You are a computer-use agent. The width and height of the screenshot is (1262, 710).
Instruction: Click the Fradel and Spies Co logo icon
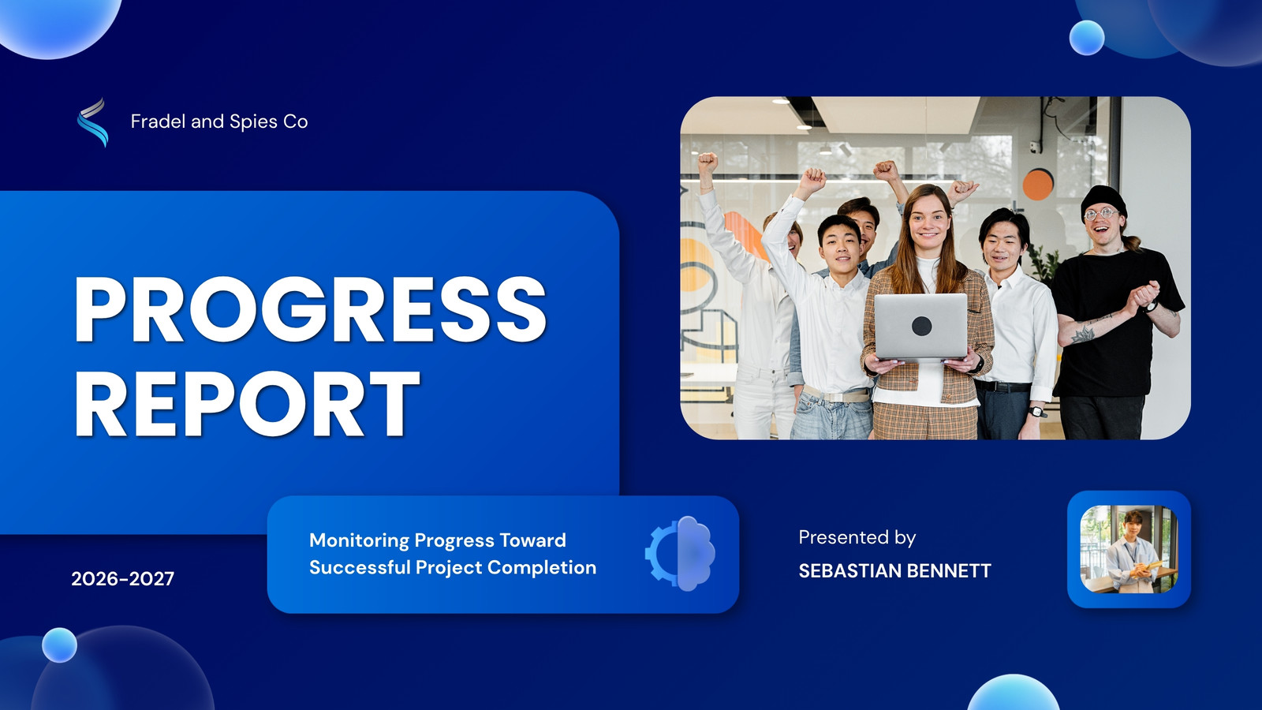(x=92, y=121)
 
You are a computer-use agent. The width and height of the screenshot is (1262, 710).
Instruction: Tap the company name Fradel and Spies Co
(x=219, y=121)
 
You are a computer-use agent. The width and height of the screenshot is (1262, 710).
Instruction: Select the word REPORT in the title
(x=248, y=403)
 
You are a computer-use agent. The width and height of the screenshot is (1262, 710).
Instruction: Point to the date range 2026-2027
(x=123, y=579)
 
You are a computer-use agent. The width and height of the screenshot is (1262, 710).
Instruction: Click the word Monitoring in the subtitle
(x=359, y=540)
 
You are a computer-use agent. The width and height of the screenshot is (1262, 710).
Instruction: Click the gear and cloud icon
(x=680, y=553)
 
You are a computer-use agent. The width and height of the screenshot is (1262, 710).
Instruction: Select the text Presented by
(x=857, y=537)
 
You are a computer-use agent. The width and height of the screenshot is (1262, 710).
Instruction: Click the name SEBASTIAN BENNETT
(x=894, y=571)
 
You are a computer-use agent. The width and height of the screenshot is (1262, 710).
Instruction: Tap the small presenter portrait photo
(x=1129, y=549)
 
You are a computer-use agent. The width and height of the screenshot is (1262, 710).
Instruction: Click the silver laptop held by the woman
(x=920, y=327)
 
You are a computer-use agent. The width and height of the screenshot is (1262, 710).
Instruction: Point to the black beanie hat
(x=1103, y=200)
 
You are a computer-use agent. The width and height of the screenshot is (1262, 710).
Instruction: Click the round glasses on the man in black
(x=1100, y=214)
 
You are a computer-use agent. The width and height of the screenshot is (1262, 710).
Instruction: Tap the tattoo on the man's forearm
(x=1082, y=334)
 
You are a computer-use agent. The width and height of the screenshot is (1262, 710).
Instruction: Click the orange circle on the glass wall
(x=1038, y=185)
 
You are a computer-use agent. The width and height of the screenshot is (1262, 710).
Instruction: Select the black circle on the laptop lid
(x=922, y=327)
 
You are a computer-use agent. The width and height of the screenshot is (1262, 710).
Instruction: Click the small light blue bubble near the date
(x=59, y=645)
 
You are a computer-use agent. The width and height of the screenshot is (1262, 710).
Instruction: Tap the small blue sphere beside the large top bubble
(x=1087, y=38)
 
